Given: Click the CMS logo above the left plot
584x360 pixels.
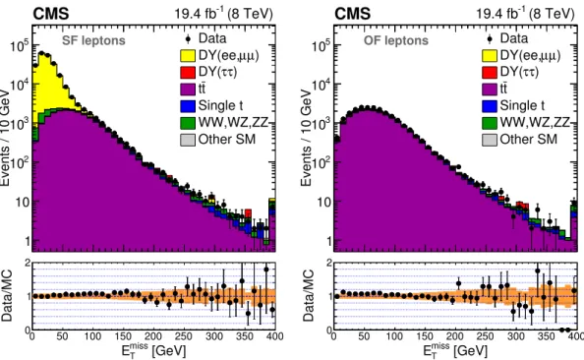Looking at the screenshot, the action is pyautogui.click(x=51, y=14).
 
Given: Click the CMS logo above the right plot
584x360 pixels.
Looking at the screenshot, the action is pyautogui.click(x=352, y=14).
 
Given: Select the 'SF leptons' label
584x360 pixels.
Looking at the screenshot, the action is pyautogui.click(x=93, y=40).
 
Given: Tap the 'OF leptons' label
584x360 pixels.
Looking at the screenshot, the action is pyautogui.click(x=396, y=40).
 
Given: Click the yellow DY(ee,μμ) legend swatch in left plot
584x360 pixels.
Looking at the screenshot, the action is pyautogui.click(x=188, y=55).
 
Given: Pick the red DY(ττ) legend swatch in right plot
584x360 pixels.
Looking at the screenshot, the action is pyautogui.click(x=490, y=73).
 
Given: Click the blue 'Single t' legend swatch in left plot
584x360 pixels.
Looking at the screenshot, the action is pyautogui.click(x=188, y=106).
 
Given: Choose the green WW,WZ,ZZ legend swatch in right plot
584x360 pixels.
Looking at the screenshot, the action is pyautogui.click(x=490, y=123).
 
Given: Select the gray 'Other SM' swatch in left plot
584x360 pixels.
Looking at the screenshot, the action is pyautogui.click(x=188, y=140).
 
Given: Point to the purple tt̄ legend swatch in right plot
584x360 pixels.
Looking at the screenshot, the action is pyautogui.click(x=490, y=90).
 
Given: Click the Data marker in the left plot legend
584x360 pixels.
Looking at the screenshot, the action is pyautogui.click(x=188, y=38).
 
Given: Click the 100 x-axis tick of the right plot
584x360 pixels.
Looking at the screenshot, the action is pyautogui.click(x=394, y=336).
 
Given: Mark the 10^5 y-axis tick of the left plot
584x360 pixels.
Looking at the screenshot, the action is pyautogui.click(x=19, y=46).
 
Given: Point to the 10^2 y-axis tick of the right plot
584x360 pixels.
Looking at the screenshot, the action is pyautogui.click(x=321, y=162).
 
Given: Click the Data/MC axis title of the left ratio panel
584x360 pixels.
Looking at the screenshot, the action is pyautogui.click(x=7, y=295).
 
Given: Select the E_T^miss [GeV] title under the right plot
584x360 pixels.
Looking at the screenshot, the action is pyautogui.click(x=455, y=350).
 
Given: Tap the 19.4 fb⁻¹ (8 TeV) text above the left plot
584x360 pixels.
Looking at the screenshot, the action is pyautogui.click(x=224, y=14).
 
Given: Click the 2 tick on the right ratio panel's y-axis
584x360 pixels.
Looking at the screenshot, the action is pyautogui.click(x=329, y=263).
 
